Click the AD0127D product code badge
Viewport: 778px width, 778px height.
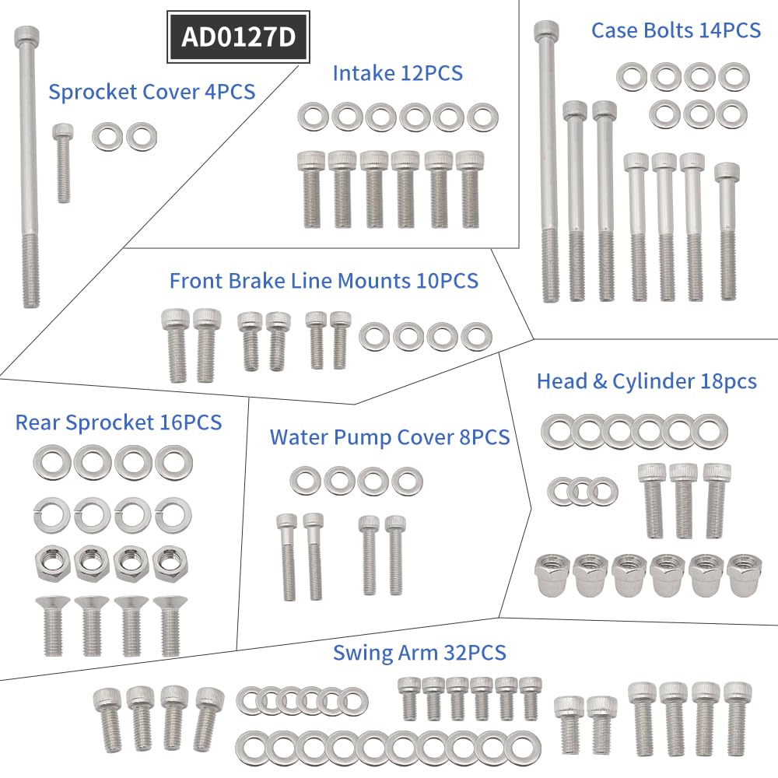coord(238,37)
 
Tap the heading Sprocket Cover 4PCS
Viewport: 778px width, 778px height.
coord(152,91)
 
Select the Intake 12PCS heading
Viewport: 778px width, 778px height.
coord(398,73)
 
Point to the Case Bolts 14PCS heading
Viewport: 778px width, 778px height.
coord(675,30)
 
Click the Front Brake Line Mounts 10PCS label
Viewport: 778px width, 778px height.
coord(324,280)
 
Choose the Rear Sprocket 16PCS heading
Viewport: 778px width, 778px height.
coord(118,422)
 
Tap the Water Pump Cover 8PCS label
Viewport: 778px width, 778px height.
coord(389,437)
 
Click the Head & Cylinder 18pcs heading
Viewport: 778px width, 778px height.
coord(647,381)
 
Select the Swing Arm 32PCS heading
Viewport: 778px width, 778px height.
coord(419,652)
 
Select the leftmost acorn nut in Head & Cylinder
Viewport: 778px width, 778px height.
coord(552,576)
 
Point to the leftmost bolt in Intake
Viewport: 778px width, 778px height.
coord(310,188)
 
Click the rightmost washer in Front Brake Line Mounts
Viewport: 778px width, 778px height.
coord(476,337)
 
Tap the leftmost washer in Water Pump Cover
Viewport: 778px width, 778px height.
coord(306,480)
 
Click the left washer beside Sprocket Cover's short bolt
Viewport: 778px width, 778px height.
coord(107,137)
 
